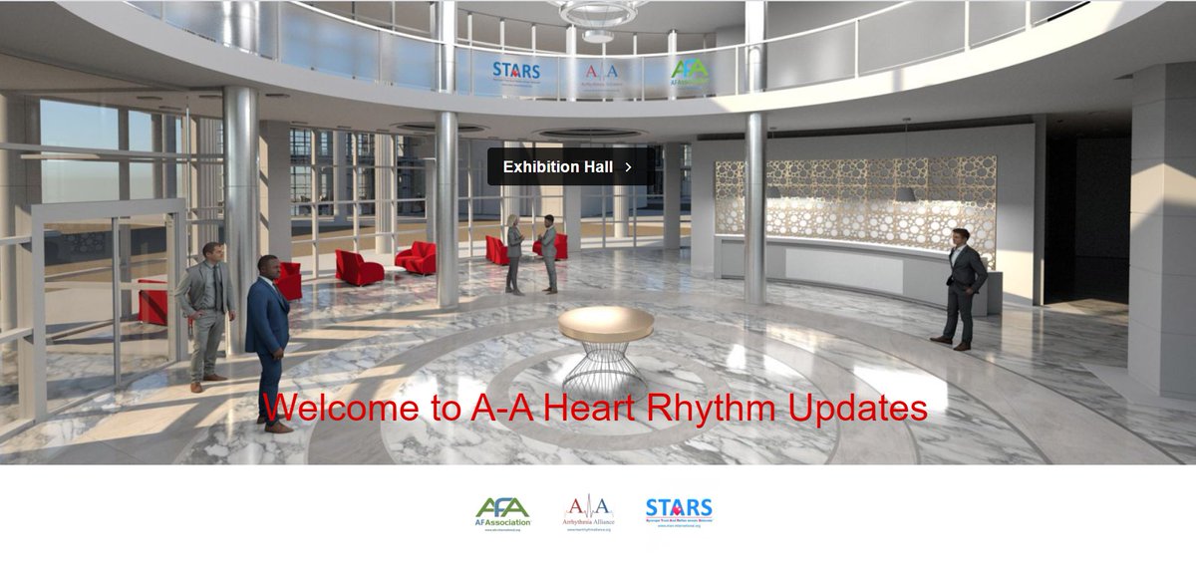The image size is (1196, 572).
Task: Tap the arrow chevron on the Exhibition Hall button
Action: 628,167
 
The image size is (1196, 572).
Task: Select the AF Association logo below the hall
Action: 503,512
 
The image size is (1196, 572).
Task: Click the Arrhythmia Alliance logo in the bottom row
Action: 589,512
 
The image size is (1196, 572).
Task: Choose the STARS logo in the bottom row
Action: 679,512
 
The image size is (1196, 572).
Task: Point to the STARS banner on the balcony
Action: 516,72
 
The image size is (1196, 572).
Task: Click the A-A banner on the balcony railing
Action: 601,72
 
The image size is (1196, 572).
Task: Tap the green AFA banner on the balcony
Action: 690,72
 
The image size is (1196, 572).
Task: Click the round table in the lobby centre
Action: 606,323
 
